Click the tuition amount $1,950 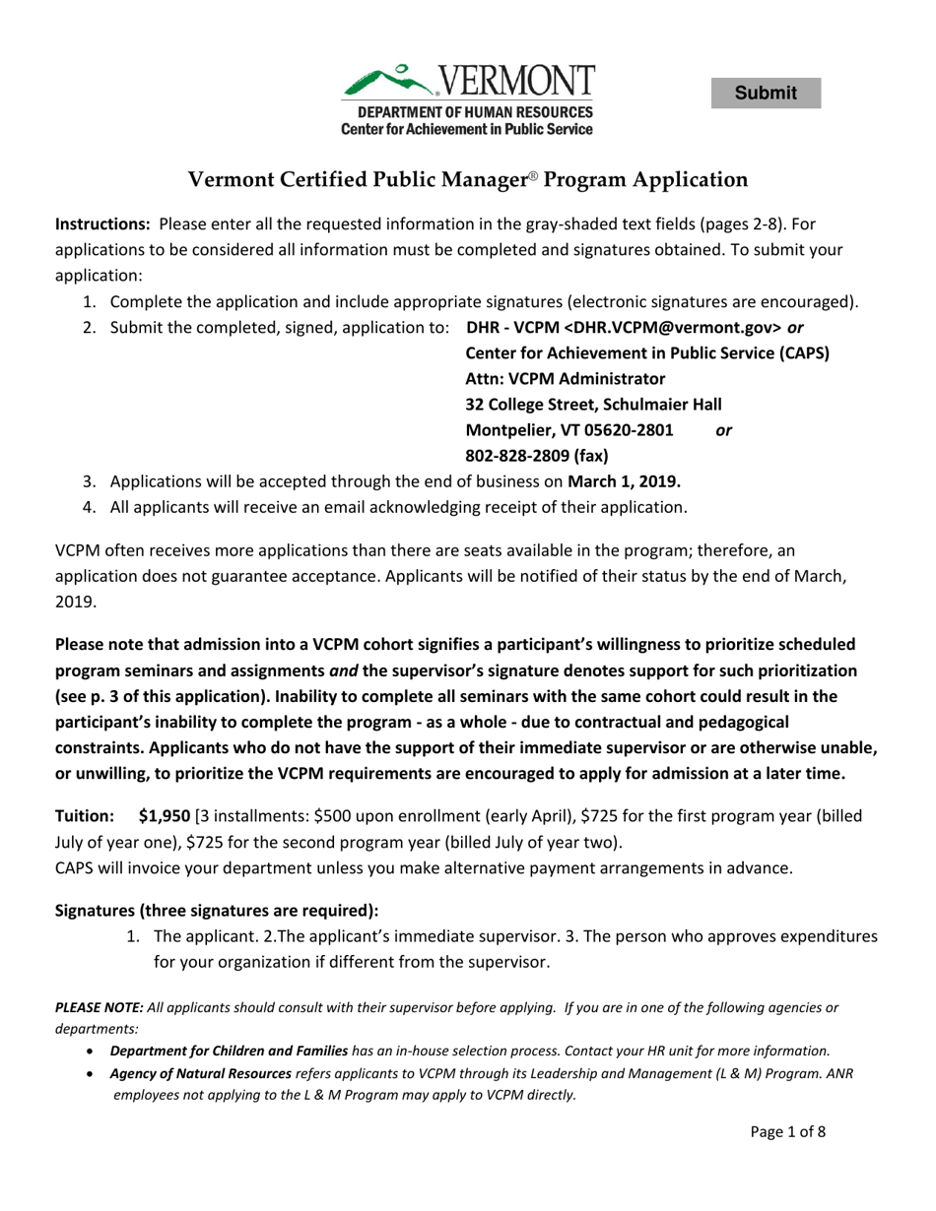tap(165, 816)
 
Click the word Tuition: tap(85, 816)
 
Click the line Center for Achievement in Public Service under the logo tap(467, 129)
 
